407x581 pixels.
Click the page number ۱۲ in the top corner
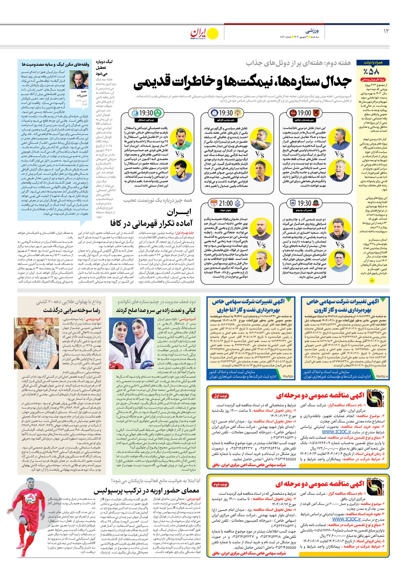click(386, 31)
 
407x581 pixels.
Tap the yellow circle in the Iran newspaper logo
click(212, 34)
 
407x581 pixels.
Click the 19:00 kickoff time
click(304, 113)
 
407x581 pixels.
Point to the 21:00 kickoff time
click(226, 203)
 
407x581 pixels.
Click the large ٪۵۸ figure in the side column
click(372, 72)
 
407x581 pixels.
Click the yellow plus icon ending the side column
click(372, 280)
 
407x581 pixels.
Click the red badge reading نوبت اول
click(220, 396)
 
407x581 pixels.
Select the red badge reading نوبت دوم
click(220, 484)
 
